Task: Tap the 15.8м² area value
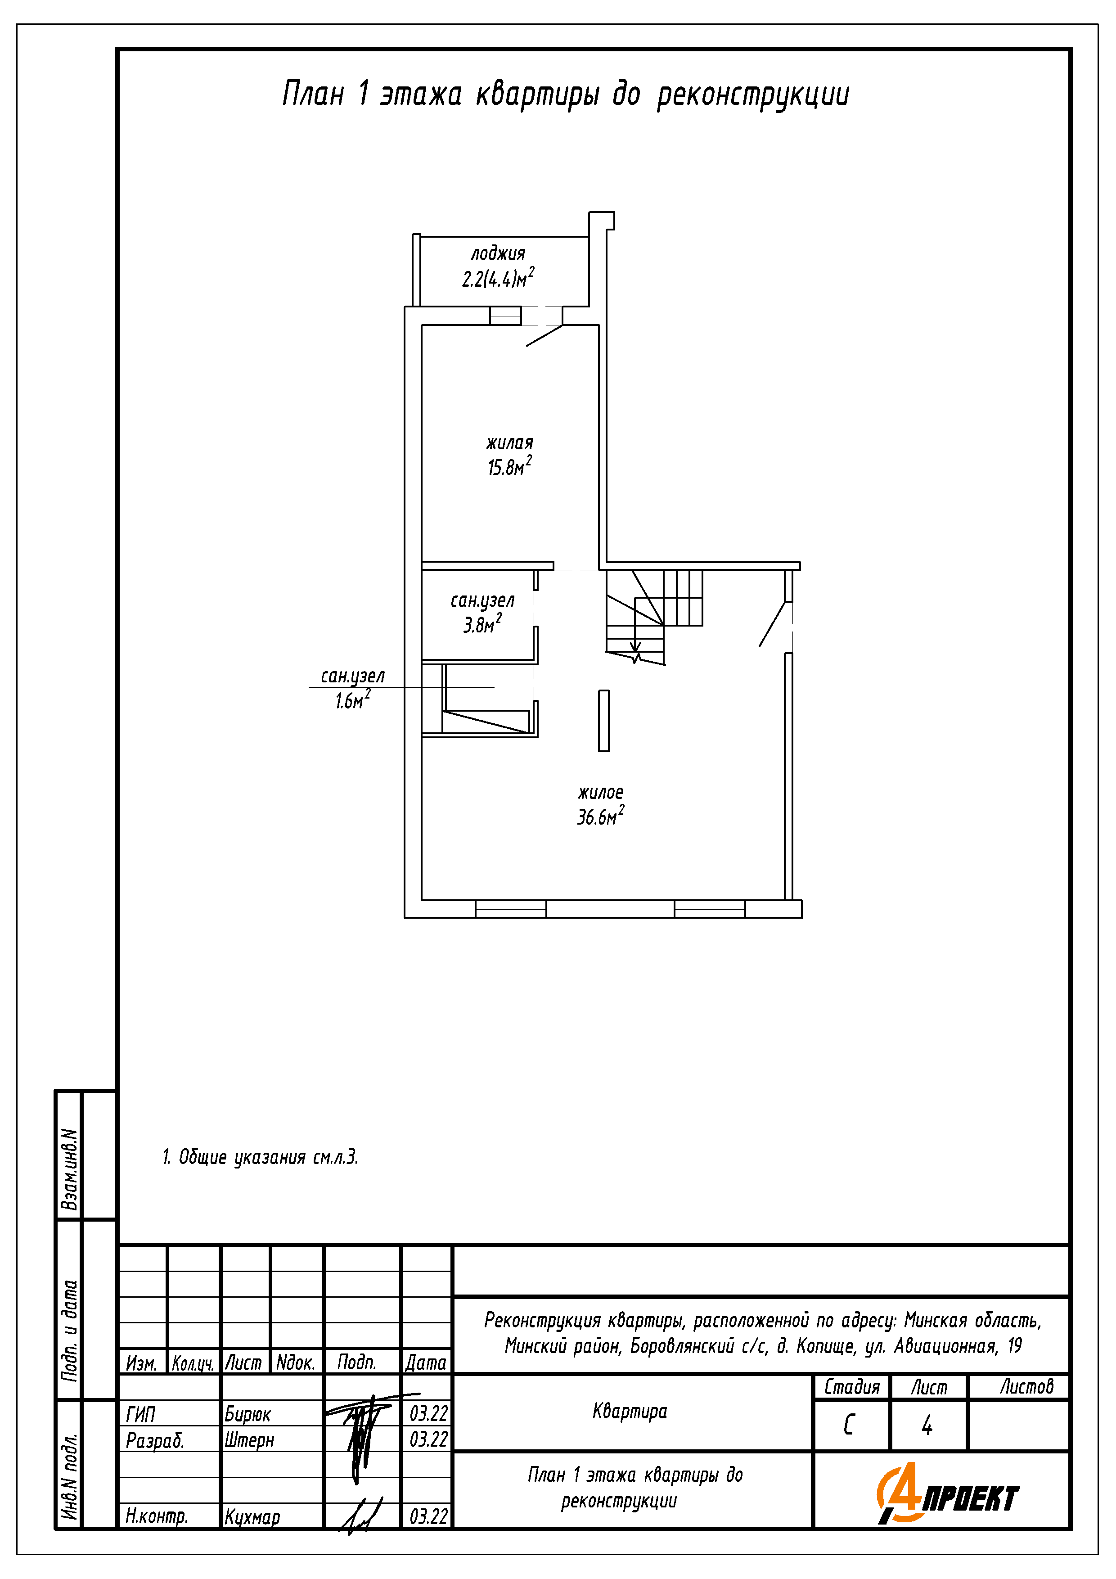coord(509,466)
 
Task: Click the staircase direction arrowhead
coord(635,648)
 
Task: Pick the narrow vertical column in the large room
coord(604,721)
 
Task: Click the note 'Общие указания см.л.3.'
coord(268,1157)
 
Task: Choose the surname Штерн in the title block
coord(249,1439)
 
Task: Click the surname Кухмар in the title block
coord(252,1516)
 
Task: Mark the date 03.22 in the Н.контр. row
coord(428,1516)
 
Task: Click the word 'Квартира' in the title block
coord(630,1411)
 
